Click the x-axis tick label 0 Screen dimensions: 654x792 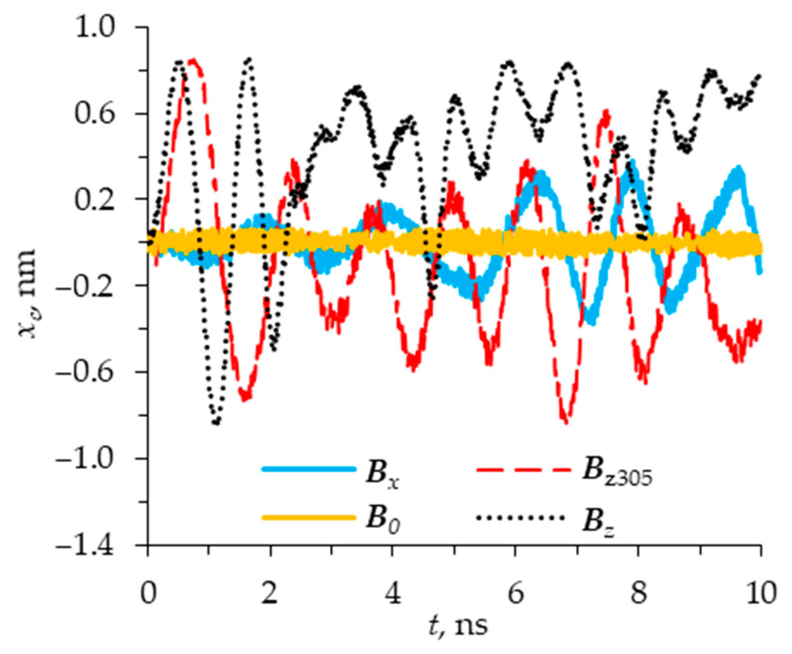[149, 593]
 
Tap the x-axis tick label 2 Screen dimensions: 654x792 [270, 593]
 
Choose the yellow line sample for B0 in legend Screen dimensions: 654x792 [309, 517]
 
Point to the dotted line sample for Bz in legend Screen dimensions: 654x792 [520, 517]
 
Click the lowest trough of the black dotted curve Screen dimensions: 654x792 [216, 422]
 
